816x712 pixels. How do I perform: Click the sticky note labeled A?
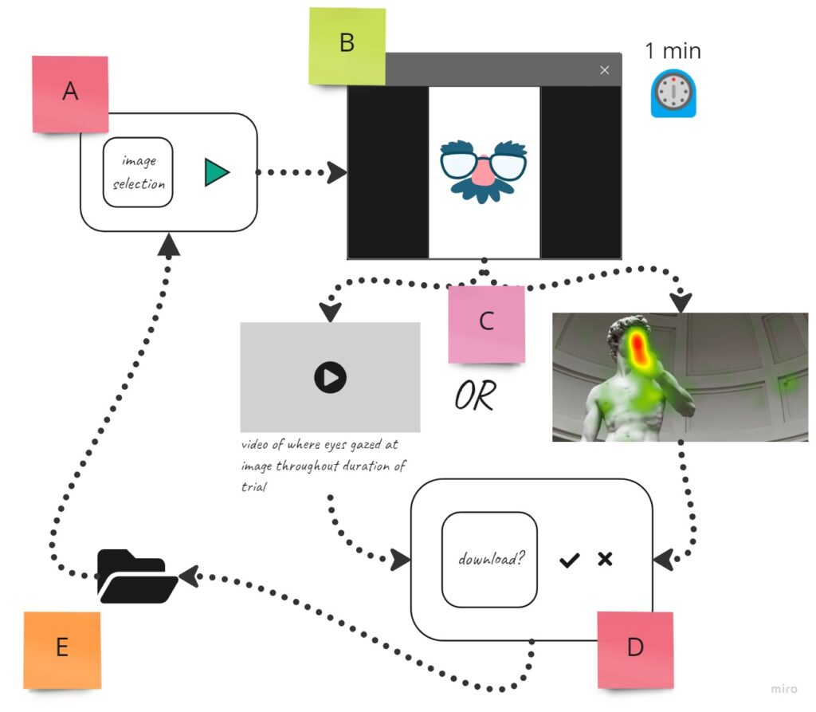point(70,93)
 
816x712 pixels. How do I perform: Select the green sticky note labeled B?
point(347,45)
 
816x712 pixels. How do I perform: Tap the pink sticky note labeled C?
point(486,322)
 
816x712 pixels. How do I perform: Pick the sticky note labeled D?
point(634,648)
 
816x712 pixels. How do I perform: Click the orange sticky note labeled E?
point(62,649)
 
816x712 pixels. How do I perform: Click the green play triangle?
point(216,172)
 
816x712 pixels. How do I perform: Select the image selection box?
point(138,172)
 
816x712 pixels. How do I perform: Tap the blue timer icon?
point(673,94)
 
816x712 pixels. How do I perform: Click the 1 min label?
point(673,51)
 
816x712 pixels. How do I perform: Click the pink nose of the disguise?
point(484,170)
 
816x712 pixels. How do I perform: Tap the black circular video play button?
point(330,376)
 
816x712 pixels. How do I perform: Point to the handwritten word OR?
point(475,395)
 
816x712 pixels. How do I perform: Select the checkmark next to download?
point(569,560)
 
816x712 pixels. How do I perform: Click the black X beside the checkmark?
point(605,559)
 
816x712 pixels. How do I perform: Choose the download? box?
point(489,559)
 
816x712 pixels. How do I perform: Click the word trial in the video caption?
point(253,485)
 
